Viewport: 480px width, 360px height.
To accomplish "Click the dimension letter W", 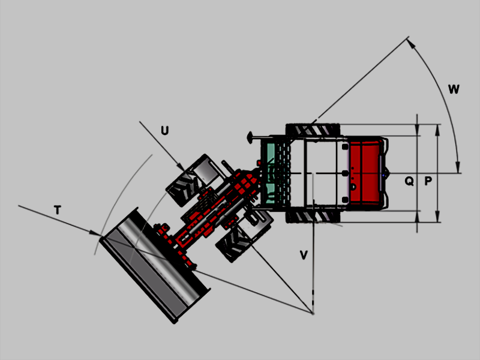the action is click(x=454, y=89).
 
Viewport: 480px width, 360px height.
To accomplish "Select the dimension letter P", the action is click(x=428, y=181).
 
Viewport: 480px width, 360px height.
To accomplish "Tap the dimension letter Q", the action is click(x=409, y=181).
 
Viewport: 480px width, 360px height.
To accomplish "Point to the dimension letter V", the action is click(x=304, y=254).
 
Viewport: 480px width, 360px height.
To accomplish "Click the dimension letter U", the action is click(x=164, y=131).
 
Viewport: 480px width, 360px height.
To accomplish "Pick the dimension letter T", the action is click(x=58, y=210).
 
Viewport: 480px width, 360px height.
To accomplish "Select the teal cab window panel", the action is click(x=271, y=173).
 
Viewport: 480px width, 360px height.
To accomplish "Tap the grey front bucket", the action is click(x=155, y=265).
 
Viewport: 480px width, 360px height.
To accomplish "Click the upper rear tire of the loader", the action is click(x=313, y=130).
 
